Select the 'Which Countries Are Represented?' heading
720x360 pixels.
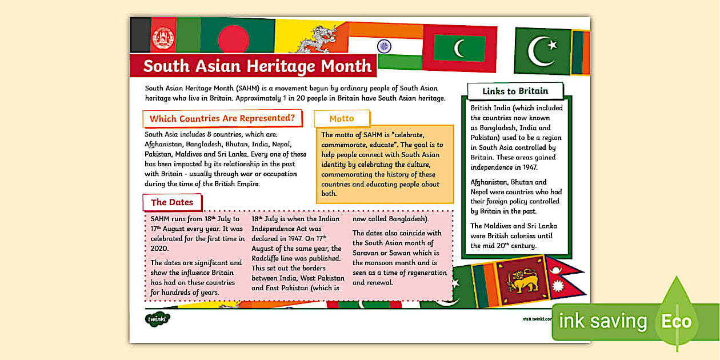(x=222, y=119)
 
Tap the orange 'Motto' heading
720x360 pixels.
(x=342, y=119)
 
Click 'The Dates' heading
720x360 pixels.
(x=172, y=202)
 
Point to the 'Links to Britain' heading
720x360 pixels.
(x=515, y=91)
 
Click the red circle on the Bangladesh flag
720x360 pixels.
(x=234, y=39)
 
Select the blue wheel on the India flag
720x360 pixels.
(x=384, y=46)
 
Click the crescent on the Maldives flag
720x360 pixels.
(x=460, y=48)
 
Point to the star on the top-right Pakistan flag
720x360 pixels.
(x=551, y=44)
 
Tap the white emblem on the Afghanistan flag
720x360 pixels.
(x=164, y=38)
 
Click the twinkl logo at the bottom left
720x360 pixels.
(x=157, y=319)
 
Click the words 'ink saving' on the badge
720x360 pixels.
(x=602, y=322)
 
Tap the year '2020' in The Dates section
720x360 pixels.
(x=159, y=249)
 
